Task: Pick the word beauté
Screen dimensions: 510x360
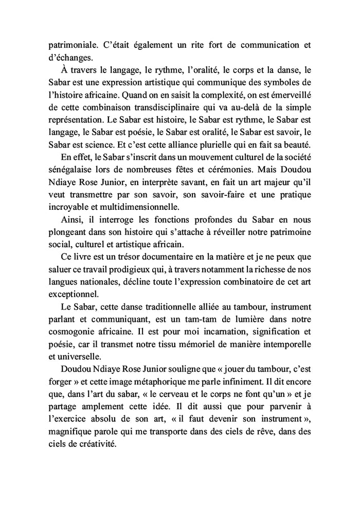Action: [295, 144]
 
